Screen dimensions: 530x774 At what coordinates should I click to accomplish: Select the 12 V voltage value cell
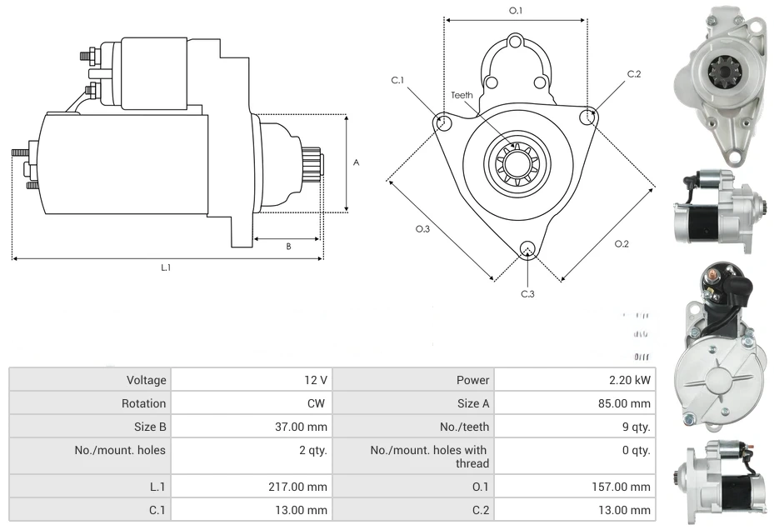pos(315,380)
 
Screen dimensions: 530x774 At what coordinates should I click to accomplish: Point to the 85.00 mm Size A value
pos(628,403)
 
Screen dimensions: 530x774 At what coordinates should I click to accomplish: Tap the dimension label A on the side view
pos(357,162)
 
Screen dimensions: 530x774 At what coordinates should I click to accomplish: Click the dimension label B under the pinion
pos(288,247)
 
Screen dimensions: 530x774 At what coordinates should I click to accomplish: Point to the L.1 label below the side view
pos(166,267)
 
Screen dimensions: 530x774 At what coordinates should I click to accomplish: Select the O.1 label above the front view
pos(516,11)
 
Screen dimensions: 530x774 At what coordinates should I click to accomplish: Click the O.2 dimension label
pos(622,243)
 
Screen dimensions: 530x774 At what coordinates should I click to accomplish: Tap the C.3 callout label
pos(527,293)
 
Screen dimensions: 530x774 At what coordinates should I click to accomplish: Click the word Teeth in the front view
pos(462,95)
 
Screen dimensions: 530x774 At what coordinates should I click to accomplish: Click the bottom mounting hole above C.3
pos(527,249)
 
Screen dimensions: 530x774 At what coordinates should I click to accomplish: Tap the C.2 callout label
pos(634,74)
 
